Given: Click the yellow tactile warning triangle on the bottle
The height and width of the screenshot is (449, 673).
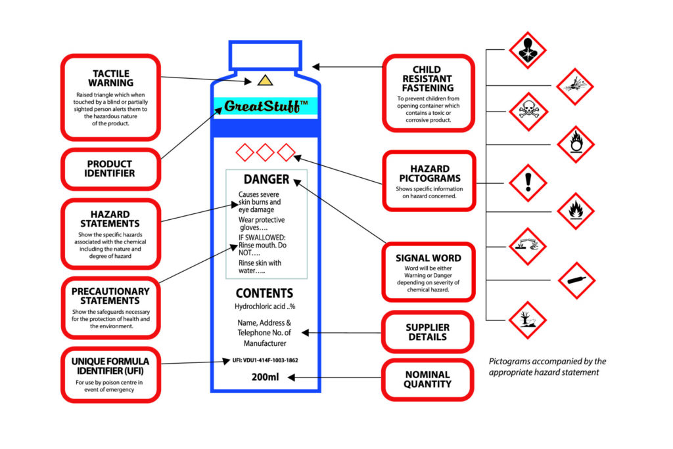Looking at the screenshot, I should coord(264,81).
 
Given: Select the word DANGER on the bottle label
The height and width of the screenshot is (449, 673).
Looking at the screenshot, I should coord(266,179).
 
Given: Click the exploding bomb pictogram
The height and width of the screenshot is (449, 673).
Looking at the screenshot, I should coord(575,86).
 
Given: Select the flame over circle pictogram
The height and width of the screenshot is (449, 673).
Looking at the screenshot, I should coord(576,144).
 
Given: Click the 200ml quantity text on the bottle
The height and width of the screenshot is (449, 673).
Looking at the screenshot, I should coord(266,377).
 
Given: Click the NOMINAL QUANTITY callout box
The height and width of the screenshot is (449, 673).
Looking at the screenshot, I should coord(427,379).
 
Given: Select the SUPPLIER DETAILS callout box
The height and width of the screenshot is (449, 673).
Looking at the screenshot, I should coord(427,332).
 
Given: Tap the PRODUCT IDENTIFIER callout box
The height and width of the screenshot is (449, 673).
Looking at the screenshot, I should coord(110,169).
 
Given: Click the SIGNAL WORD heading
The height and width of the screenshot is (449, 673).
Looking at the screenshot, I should coord(428,258).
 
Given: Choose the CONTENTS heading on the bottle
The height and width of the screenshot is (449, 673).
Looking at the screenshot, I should coord(265,293).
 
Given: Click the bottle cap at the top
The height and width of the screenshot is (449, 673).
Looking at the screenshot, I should coord(265,55).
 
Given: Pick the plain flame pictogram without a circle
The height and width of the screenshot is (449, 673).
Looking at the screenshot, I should coord(576,211).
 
